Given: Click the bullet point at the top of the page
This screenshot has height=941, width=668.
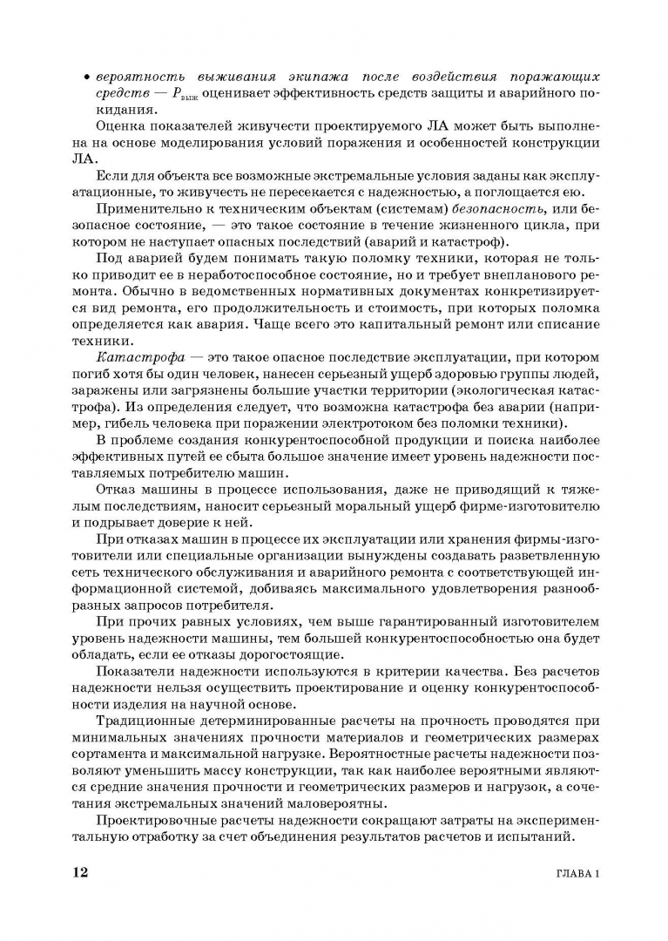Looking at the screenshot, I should click(88, 78).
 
